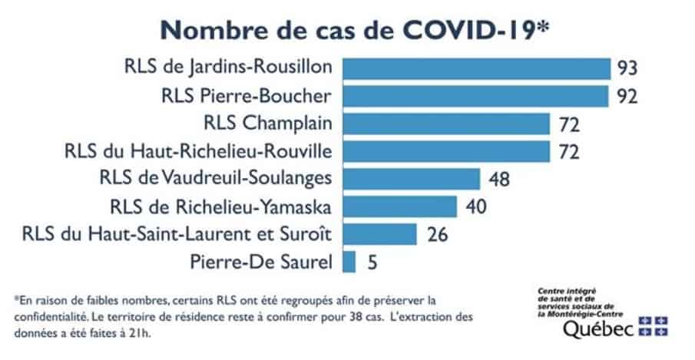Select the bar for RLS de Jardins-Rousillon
tap(476, 68)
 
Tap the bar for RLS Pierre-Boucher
tap(476, 96)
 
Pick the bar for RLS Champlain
tap(446, 124)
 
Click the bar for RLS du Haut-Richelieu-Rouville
tap(446, 151)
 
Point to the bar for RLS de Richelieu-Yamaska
tap(399, 206)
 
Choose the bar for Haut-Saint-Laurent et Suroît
tap(379, 234)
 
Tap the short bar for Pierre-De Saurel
tap(349, 262)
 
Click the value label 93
tap(627, 68)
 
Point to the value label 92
tap(627, 97)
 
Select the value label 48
tap(500, 180)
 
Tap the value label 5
tap(371, 263)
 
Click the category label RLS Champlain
tap(269, 124)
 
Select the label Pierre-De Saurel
tap(260, 263)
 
